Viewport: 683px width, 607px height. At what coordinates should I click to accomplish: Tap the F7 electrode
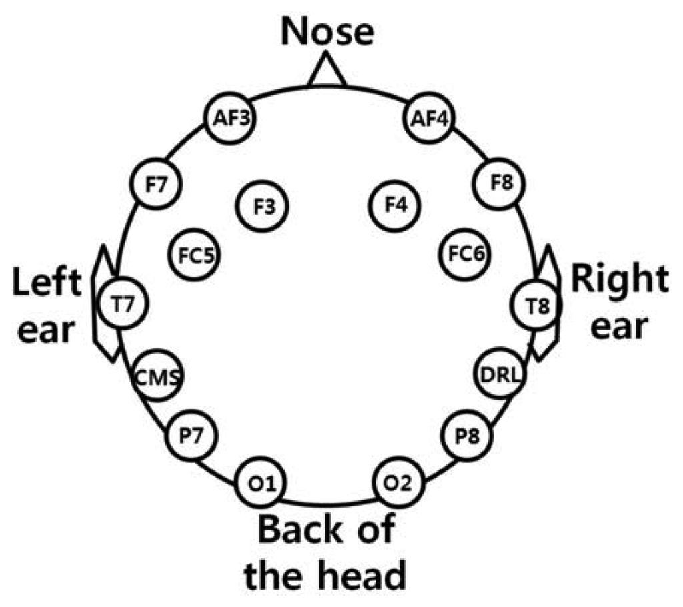[x=157, y=185]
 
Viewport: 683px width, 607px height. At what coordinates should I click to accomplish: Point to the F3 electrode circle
[x=264, y=207]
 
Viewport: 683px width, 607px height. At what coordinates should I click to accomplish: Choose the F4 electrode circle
[x=397, y=207]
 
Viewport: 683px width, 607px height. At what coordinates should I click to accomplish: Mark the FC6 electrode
[x=464, y=254]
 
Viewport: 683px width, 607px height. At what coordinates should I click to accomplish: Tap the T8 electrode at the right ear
[x=537, y=305]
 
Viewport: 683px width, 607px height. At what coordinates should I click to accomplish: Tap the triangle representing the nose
[x=326, y=72]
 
